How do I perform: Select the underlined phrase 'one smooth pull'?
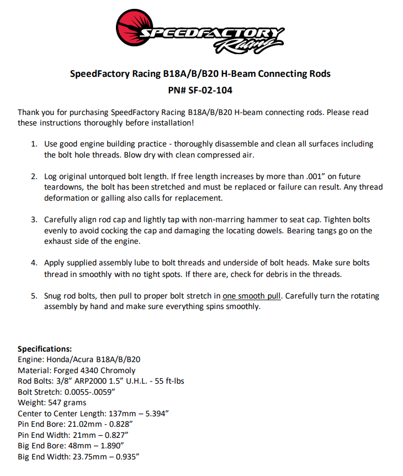point(252,296)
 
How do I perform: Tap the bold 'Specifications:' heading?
point(45,349)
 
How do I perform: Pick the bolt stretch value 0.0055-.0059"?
point(89,392)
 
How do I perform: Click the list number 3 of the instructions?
point(33,219)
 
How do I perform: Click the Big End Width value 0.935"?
point(125,457)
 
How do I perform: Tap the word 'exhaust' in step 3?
point(59,242)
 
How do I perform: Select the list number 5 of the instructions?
point(33,296)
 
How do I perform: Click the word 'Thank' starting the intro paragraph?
point(29,112)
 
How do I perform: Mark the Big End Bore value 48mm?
point(76,446)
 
